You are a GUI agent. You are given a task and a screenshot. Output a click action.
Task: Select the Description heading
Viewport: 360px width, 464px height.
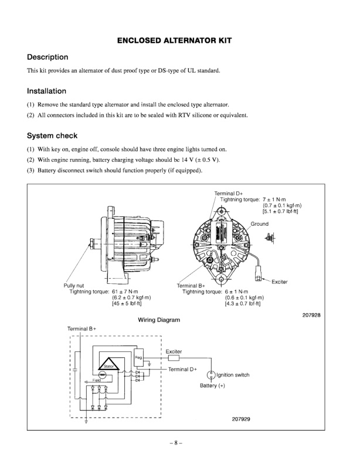pos(48,57)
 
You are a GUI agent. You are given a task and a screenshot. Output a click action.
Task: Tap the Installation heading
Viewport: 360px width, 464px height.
pos(46,91)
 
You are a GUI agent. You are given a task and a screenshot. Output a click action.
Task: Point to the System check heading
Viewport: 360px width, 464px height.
pos(52,136)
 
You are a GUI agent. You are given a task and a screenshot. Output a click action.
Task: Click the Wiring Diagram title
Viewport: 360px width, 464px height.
pos(158,321)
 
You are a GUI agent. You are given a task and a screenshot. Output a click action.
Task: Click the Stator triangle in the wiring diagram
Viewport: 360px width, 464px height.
pos(108,364)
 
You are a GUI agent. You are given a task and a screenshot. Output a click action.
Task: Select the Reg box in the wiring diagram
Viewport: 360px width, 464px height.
pos(139,357)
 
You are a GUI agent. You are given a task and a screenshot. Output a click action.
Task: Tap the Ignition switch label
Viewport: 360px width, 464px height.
pos(233,375)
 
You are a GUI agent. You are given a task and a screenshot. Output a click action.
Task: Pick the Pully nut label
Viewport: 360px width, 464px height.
pos(74,286)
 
